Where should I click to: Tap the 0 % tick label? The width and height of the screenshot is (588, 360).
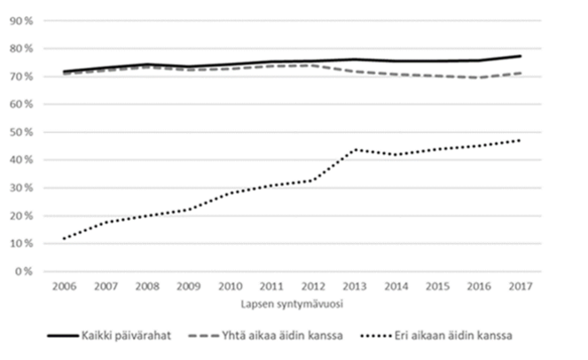pos(24,270)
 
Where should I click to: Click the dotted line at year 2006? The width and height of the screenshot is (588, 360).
pos(63,238)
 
